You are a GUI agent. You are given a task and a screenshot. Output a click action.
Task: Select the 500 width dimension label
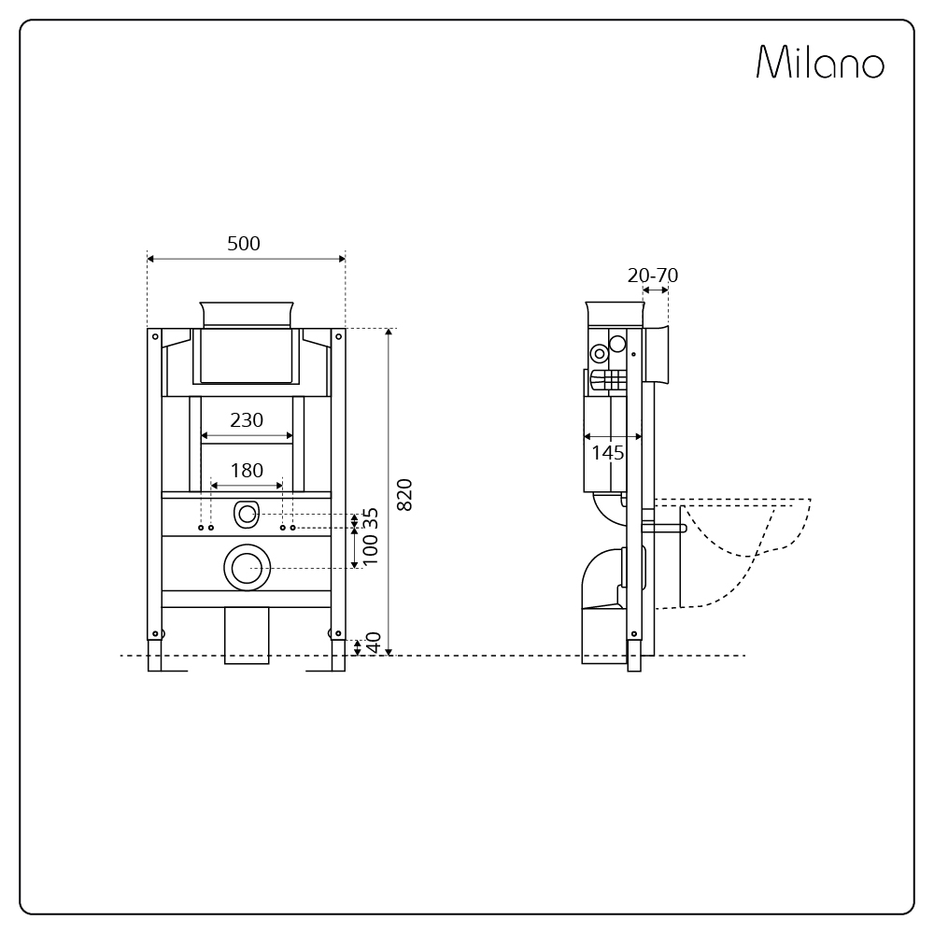244,244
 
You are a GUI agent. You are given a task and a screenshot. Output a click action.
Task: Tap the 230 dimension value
247,420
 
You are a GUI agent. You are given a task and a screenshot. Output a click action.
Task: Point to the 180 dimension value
247,471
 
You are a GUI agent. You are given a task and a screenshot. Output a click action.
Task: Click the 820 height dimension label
404,494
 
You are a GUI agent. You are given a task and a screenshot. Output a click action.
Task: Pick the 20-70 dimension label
653,276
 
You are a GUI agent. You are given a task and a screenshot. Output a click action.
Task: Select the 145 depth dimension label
608,453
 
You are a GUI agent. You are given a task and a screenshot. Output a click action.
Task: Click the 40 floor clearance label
373,644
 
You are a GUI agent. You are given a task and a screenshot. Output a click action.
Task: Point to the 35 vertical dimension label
371,517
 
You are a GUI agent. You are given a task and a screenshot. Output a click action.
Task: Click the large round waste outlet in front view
247,567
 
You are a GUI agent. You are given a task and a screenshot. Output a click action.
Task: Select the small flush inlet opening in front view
247,514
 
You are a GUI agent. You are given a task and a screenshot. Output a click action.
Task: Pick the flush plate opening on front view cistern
247,355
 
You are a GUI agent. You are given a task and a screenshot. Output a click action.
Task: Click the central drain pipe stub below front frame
247,635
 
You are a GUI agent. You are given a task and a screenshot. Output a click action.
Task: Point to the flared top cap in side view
615,312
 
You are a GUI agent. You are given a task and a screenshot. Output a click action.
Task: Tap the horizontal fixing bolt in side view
665,529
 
